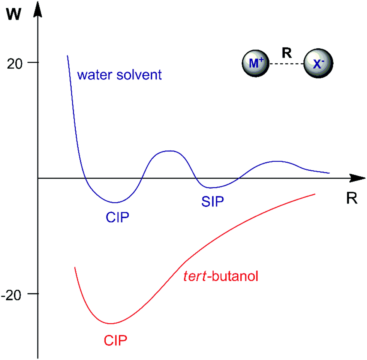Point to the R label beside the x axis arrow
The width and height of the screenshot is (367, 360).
pyautogui.click(x=351, y=198)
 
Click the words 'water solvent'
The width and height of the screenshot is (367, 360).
pyautogui.click(x=119, y=75)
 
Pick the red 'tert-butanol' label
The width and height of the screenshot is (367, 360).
pyautogui.click(x=222, y=277)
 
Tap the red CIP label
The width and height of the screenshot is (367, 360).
pyautogui.click(x=115, y=340)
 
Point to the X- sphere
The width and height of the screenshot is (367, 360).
pyautogui.click(x=318, y=64)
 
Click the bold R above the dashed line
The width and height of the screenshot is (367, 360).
pyautogui.click(x=286, y=53)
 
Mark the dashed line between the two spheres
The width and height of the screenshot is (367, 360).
pyautogui.click(x=286, y=64)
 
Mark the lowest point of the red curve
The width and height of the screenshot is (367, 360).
pyautogui.click(x=111, y=323)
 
